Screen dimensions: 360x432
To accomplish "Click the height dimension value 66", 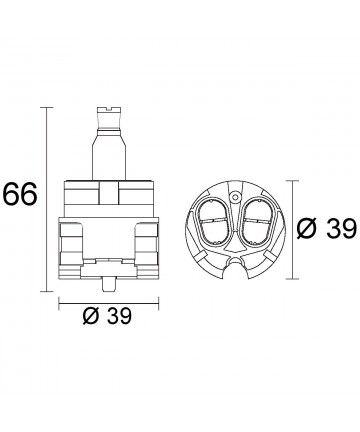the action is coord(19,194).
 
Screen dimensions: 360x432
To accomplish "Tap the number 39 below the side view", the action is coord(119,316).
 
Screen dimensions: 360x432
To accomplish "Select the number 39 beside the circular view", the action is coord(341,230).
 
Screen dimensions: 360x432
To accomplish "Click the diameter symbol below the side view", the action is coord(92,316).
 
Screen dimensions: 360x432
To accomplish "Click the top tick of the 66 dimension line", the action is coord(46,108).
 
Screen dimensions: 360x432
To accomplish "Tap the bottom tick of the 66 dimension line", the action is coord(46,291).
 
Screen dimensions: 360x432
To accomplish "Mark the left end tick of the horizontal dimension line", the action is coord(59,303).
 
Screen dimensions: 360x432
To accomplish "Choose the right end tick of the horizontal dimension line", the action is coord(158,303).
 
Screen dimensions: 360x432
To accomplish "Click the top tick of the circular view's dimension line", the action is coord(292,181).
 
